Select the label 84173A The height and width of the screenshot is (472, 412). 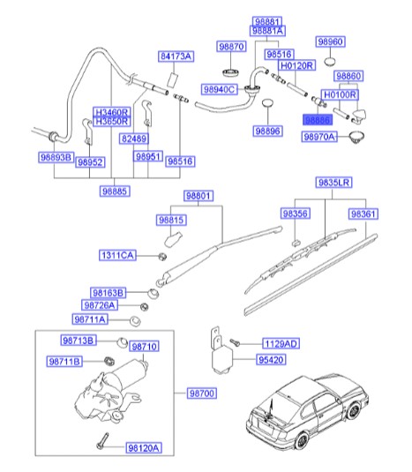point(176,56)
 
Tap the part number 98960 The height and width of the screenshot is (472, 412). point(331,41)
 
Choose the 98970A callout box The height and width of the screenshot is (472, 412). point(322,138)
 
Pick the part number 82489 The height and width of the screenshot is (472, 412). point(133,139)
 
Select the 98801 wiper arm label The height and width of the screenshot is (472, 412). point(199,196)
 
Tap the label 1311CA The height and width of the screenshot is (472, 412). point(116,255)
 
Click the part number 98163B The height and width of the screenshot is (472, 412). point(108,291)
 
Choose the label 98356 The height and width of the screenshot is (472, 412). point(296,214)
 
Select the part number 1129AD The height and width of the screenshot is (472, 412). point(281,342)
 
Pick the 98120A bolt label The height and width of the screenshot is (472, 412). point(143,448)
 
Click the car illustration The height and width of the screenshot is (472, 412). point(305,415)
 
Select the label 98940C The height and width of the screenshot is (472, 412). point(218,89)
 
